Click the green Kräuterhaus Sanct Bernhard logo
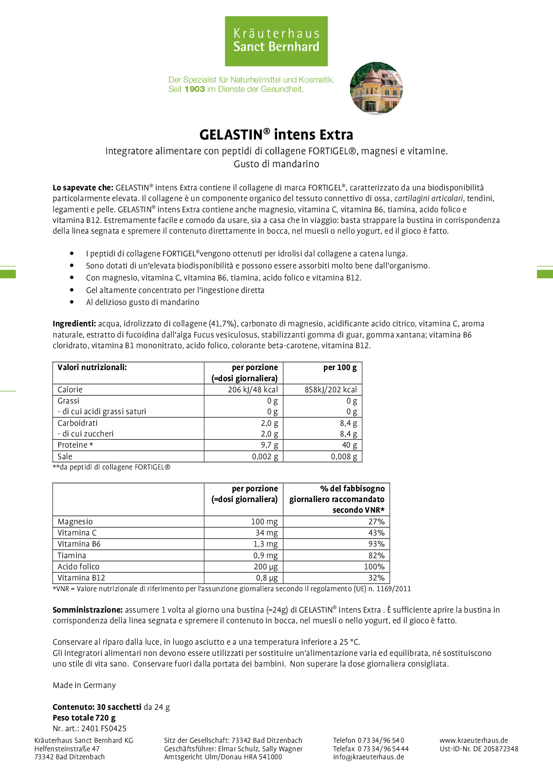pyautogui.click(x=276, y=41)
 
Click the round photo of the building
pyautogui.click(x=376, y=88)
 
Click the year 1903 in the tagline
pyautogui.click(x=194, y=89)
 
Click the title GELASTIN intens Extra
pyautogui.click(x=276, y=135)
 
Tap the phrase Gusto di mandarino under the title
pyautogui.click(x=276, y=164)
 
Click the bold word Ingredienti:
pyautogui.click(x=74, y=324)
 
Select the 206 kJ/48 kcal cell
pyautogui.click(x=253, y=390)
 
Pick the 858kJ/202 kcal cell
pyautogui.click(x=330, y=390)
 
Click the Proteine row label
pyautogui.click(x=75, y=445)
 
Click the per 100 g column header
pyautogui.click(x=340, y=368)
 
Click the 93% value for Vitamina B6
pyautogui.click(x=376, y=544)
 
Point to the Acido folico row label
pyautogui.click(x=78, y=567)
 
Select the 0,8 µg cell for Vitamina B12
pyautogui.click(x=267, y=578)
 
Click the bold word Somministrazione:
pyautogui.click(x=87, y=610)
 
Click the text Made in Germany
pyautogui.click(x=84, y=685)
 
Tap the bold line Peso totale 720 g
pyautogui.click(x=84, y=718)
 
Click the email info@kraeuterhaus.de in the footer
pyautogui.click(x=368, y=757)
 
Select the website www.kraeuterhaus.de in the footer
pyautogui.click(x=474, y=740)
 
